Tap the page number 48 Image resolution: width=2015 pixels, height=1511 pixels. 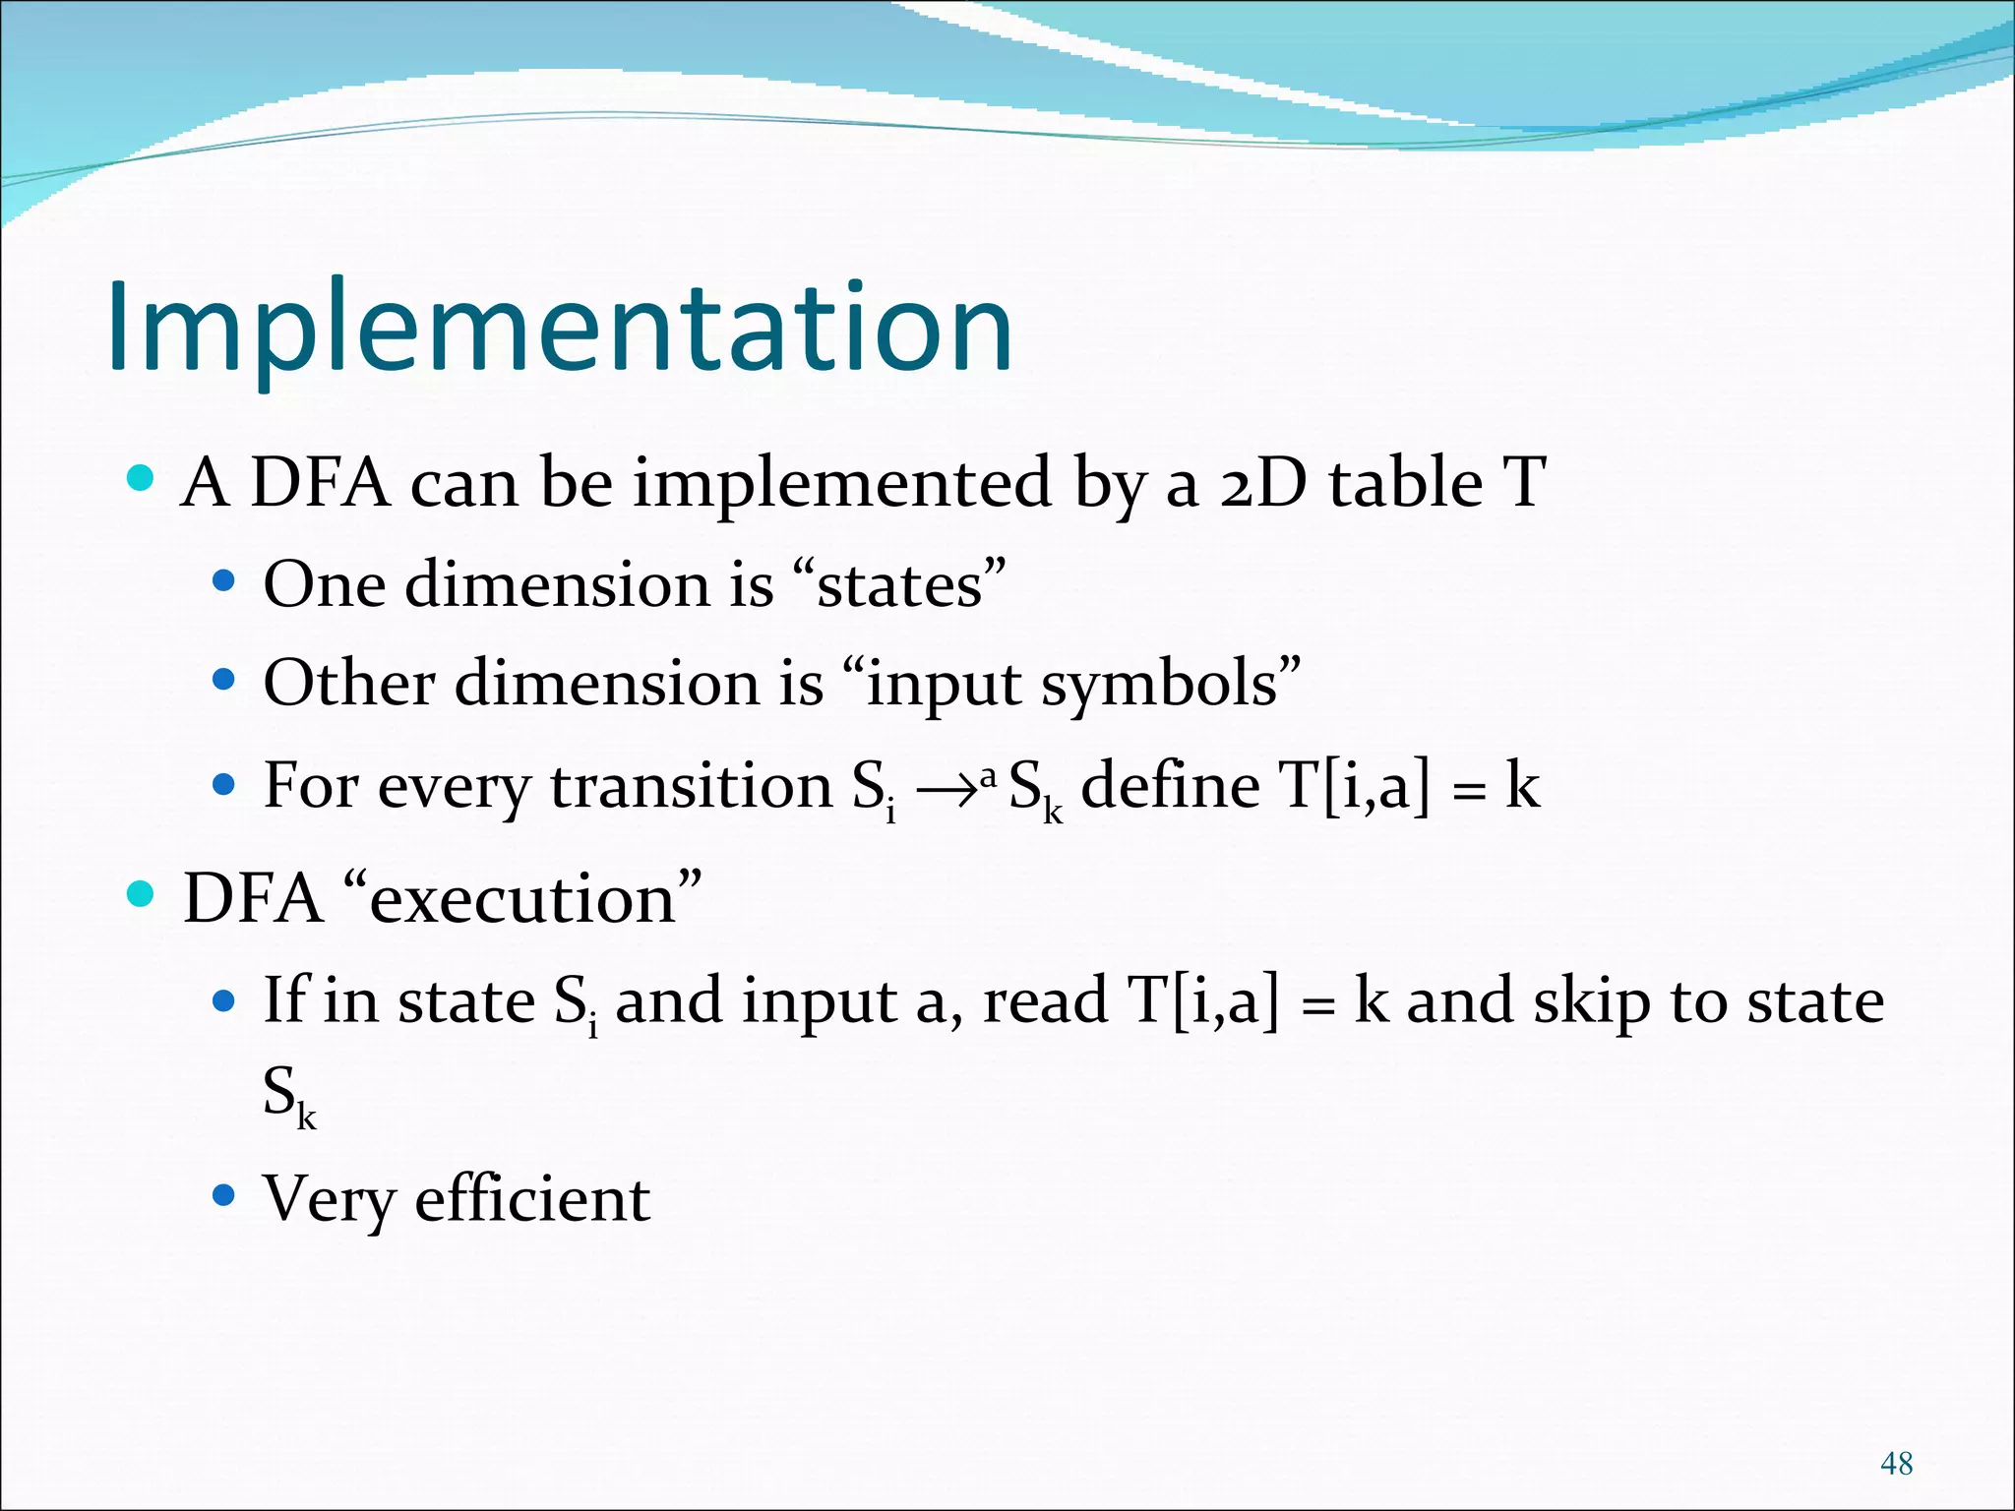[x=1896, y=1464]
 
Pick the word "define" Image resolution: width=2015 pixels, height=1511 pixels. [x=1170, y=787]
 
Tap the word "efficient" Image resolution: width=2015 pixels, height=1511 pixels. [x=532, y=1200]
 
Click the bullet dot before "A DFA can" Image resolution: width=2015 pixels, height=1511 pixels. [x=142, y=479]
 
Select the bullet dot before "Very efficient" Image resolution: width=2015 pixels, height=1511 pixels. [x=224, y=1195]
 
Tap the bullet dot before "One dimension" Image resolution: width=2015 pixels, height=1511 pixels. [x=224, y=581]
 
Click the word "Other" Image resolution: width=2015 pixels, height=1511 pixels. [x=349, y=683]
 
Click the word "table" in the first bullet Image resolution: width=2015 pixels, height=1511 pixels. [x=1406, y=483]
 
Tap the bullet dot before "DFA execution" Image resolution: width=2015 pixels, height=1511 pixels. [x=142, y=894]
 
